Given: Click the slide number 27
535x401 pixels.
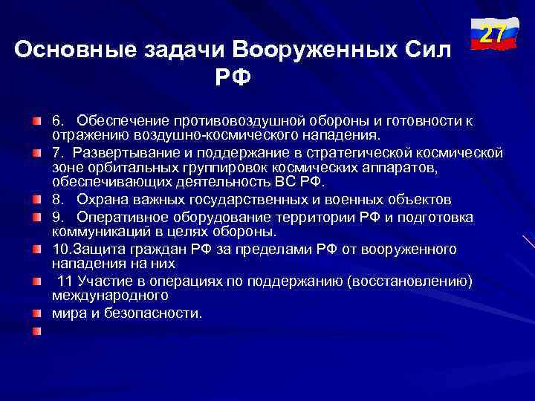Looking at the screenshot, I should pyautogui.click(x=492, y=35).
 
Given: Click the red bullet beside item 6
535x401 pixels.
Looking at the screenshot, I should pyautogui.click(x=36, y=120).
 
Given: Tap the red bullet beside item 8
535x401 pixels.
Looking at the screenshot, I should pyautogui.click(x=36, y=200).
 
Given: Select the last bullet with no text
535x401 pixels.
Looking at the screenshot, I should pyautogui.click(x=36, y=330).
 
